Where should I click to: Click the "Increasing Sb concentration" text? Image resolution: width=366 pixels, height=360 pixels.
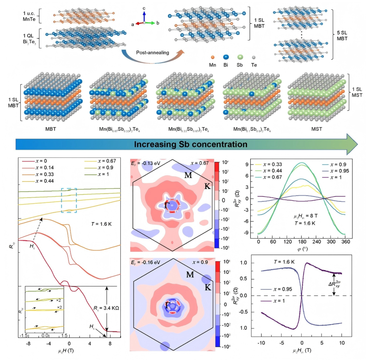pos(190,144)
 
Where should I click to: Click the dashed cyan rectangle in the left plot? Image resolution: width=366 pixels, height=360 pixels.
pos(69,200)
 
